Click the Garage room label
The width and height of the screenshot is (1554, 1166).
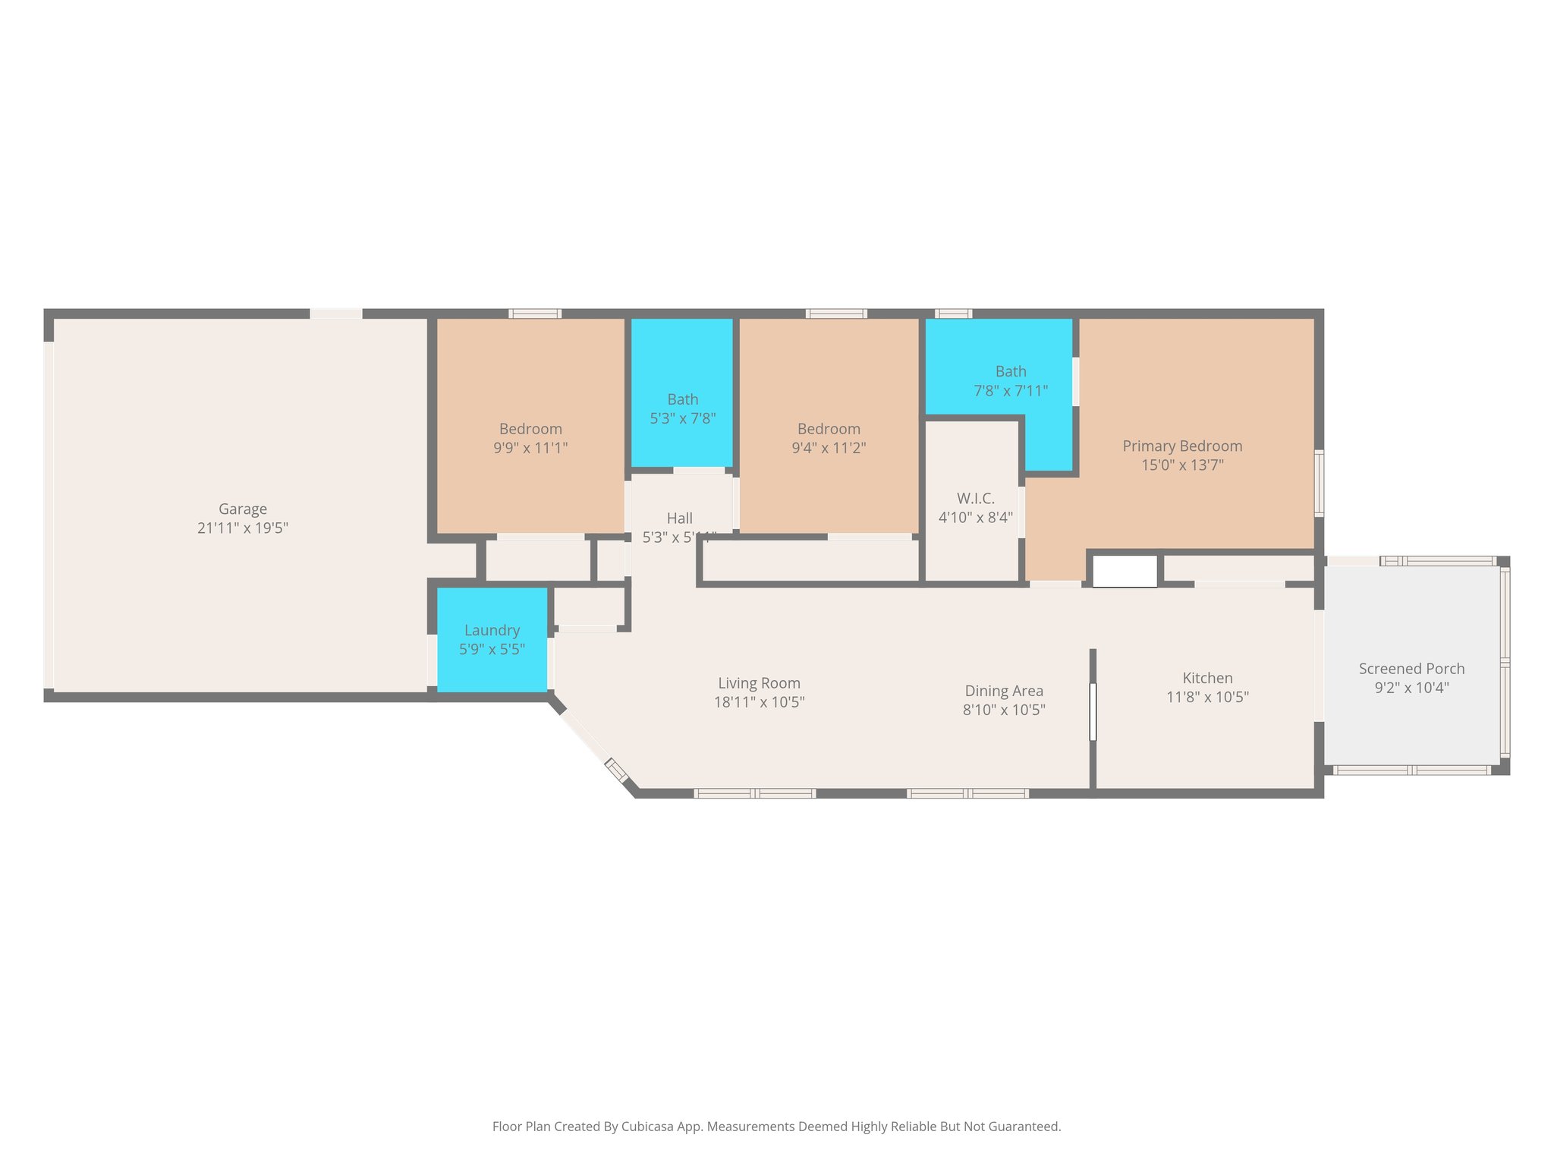point(243,509)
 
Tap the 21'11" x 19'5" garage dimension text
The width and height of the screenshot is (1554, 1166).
point(243,528)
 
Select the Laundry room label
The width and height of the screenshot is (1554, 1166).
point(492,630)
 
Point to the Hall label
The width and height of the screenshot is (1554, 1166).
point(679,518)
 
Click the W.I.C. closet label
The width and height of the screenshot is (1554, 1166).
point(975,499)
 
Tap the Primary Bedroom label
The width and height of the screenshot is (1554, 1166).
point(1182,446)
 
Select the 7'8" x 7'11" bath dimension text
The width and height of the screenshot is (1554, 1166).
point(1011,391)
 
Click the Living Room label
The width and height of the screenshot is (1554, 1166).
point(759,683)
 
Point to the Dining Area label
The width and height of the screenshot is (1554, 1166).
point(1004,691)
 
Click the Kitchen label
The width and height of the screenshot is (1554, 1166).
point(1207,678)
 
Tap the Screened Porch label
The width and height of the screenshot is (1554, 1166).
point(1411,669)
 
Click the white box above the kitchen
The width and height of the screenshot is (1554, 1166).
point(1125,571)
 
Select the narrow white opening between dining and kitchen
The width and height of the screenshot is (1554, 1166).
point(1093,711)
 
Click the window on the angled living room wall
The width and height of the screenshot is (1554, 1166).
point(616,770)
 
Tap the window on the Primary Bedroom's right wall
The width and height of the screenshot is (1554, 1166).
point(1320,483)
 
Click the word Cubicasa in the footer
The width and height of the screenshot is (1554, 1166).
point(649,1127)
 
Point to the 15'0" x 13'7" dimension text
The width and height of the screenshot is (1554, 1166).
point(1182,465)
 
